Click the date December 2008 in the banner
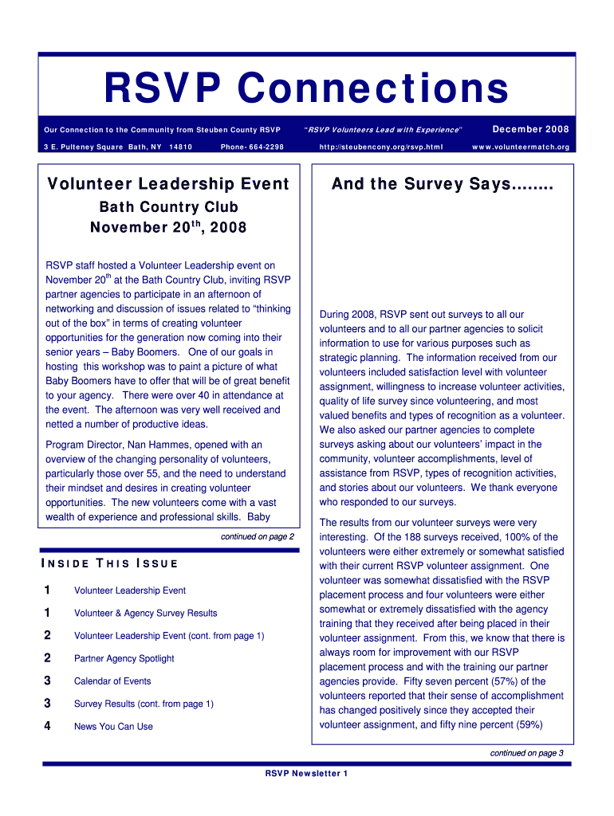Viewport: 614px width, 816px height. [x=530, y=129]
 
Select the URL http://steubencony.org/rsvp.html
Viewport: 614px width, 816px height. [x=380, y=147]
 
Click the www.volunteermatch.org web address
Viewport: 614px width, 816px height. [x=521, y=147]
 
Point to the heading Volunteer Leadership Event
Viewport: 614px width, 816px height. [x=167, y=184]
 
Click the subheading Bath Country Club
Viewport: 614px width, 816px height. [x=167, y=207]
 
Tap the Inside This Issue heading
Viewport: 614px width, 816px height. [x=108, y=564]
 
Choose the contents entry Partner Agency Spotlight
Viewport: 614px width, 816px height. [x=124, y=659]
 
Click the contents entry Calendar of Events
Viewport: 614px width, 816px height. [x=112, y=681]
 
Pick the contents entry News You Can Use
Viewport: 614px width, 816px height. [x=113, y=727]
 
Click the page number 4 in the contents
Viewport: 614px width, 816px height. [x=48, y=726]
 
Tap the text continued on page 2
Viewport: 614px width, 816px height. [x=257, y=537]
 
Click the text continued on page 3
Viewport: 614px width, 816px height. [x=526, y=753]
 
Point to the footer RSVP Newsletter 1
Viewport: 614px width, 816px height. [x=306, y=774]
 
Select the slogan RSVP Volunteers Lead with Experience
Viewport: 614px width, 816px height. [x=384, y=130]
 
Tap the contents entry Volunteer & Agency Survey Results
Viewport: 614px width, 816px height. [x=145, y=614]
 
